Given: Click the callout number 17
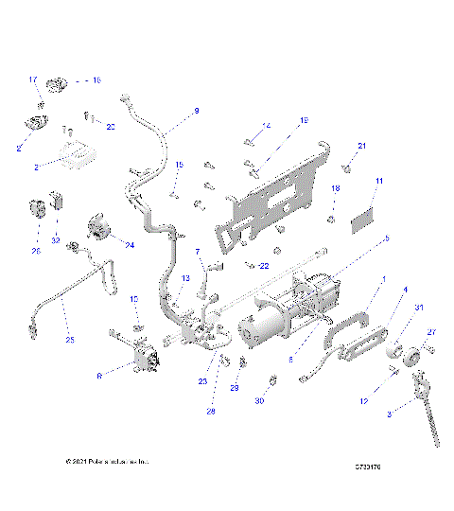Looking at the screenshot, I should (32, 79).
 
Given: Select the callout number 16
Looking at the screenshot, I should (96, 80).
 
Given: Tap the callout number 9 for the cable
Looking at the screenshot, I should (197, 111).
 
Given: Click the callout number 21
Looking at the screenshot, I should (361, 145).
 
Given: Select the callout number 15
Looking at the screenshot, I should (178, 165).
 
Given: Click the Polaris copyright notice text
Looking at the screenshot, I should (107, 462).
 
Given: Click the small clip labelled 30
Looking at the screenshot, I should (273, 380).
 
